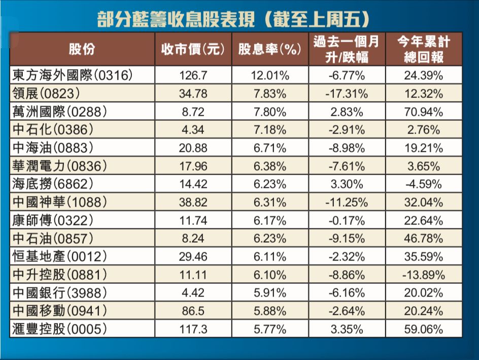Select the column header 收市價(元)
pyautogui.click(x=193, y=49)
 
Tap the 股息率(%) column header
pyautogui.click(x=270, y=49)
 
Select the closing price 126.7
pyautogui.click(x=193, y=76)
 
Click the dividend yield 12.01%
pyautogui.click(x=270, y=76)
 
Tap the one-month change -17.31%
pyautogui.click(x=346, y=94)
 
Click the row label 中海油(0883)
pyautogui.click(x=52, y=148)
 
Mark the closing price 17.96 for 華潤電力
pyautogui.click(x=193, y=166)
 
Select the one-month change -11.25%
pyautogui.click(x=346, y=202)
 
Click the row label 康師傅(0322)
pyautogui.click(x=52, y=220)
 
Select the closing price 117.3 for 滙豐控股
pyautogui.click(x=193, y=329)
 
